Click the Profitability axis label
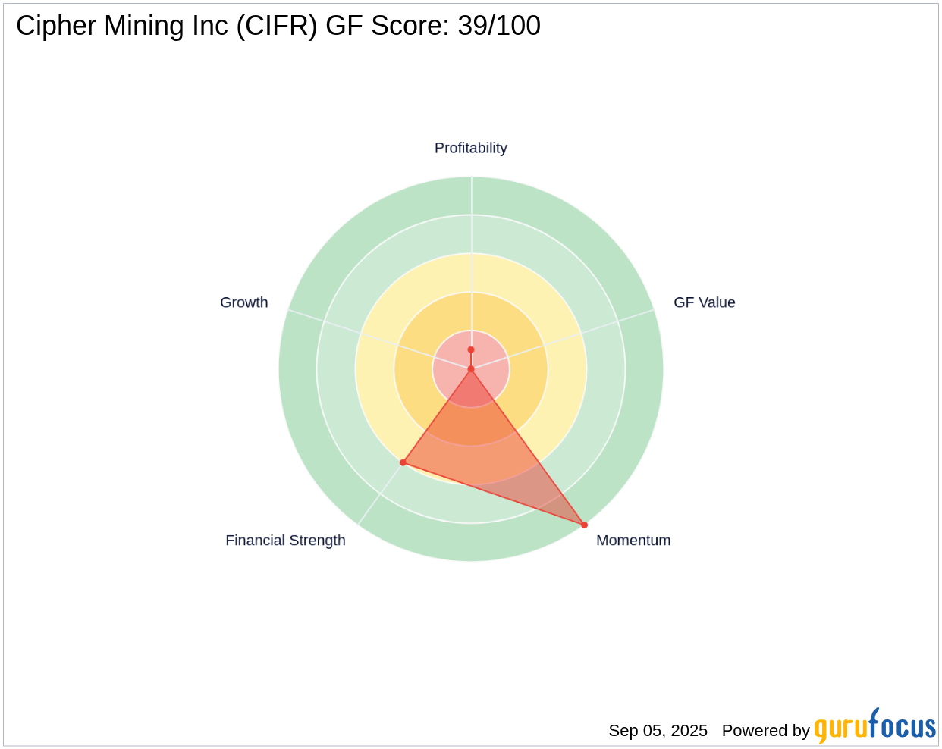click(470, 148)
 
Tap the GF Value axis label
click(704, 302)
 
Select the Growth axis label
click(243, 302)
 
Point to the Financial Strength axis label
click(285, 541)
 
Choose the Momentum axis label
click(633, 541)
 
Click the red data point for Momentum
click(584, 525)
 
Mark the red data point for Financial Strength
click(403, 462)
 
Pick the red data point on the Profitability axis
click(471, 349)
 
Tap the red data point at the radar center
click(471, 369)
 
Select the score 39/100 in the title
click(498, 26)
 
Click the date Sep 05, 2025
click(658, 731)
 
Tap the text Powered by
click(765, 731)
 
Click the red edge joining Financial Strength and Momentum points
click(493, 494)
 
